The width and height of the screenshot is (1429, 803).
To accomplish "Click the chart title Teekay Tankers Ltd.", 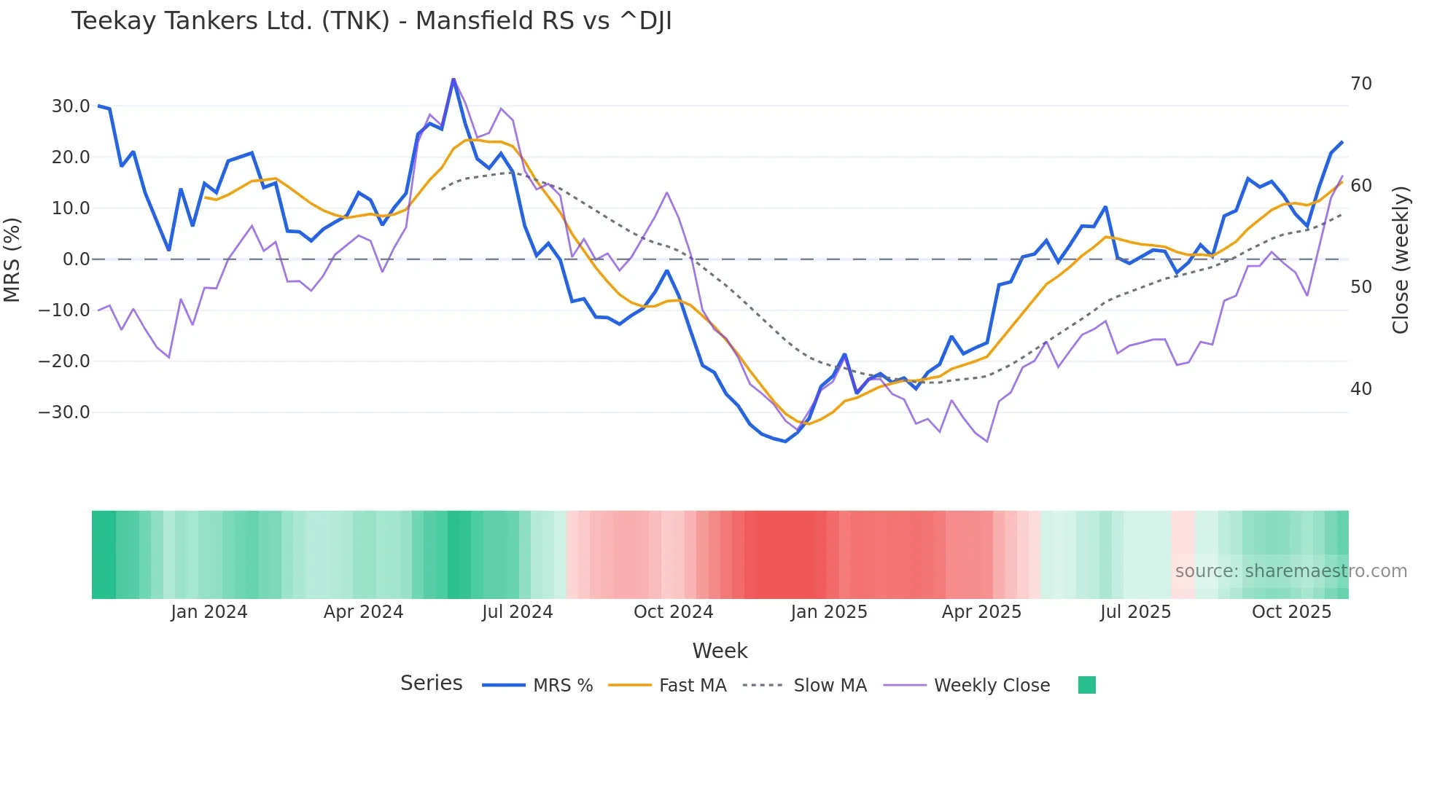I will [371, 21].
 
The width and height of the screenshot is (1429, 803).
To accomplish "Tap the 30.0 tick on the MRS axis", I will [71, 106].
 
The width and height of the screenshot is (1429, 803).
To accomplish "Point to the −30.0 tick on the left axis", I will [64, 412].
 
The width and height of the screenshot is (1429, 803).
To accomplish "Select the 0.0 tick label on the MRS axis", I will [76, 259].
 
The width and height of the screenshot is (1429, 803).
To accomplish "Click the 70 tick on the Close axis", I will [1361, 84].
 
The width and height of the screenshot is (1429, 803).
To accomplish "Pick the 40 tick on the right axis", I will [1361, 389].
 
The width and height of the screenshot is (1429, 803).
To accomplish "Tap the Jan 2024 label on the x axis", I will [209, 612].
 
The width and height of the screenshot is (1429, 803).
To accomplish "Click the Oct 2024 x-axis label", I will [673, 612].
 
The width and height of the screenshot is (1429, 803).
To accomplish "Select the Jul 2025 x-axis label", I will [1135, 612].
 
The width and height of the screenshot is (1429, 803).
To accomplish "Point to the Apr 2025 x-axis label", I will [981, 612].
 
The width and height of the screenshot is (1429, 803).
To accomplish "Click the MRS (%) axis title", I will [12, 259].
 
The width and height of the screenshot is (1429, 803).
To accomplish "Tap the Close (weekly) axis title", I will [1401, 260].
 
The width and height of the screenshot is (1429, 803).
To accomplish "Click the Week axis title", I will [720, 651].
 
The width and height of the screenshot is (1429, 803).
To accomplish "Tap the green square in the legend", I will [1086, 685].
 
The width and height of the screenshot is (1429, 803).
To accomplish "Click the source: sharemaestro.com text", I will [1290, 571].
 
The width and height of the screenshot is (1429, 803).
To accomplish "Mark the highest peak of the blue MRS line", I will [453, 79].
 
